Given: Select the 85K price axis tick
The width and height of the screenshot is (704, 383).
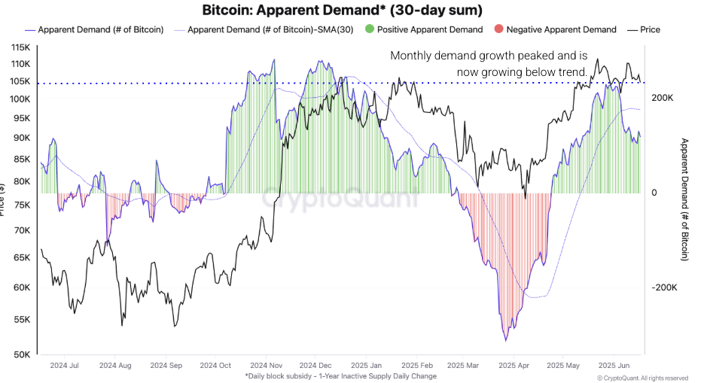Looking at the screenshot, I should click(x=21, y=160).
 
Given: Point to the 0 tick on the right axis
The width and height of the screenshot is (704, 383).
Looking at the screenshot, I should click(x=654, y=193).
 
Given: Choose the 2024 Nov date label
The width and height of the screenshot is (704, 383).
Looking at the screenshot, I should click(x=266, y=366).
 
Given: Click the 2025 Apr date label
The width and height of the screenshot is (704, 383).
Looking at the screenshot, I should click(x=513, y=366).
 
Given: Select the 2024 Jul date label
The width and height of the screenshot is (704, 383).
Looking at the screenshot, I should click(x=63, y=366).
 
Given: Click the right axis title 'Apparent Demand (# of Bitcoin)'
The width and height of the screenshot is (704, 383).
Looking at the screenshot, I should click(x=684, y=199).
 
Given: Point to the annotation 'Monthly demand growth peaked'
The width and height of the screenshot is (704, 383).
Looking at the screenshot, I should click(x=489, y=56).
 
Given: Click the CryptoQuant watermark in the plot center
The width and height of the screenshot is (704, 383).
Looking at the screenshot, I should click(x=340, y=199).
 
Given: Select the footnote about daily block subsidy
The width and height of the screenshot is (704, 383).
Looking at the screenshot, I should click(x=340, y=375).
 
